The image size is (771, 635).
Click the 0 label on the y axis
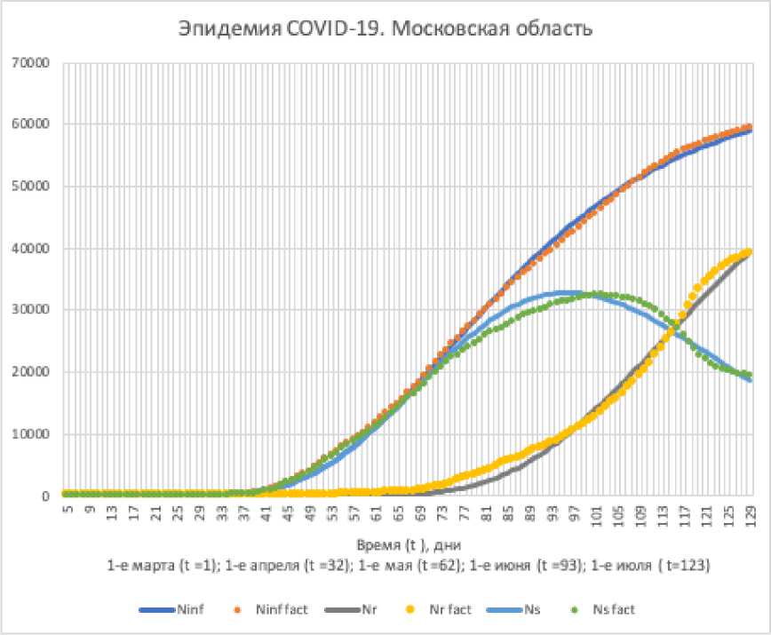click(x=42, y=496)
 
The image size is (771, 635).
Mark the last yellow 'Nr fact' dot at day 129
click(x=749, y=252)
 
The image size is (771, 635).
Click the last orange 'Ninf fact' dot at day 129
click(x=749, y=127)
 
